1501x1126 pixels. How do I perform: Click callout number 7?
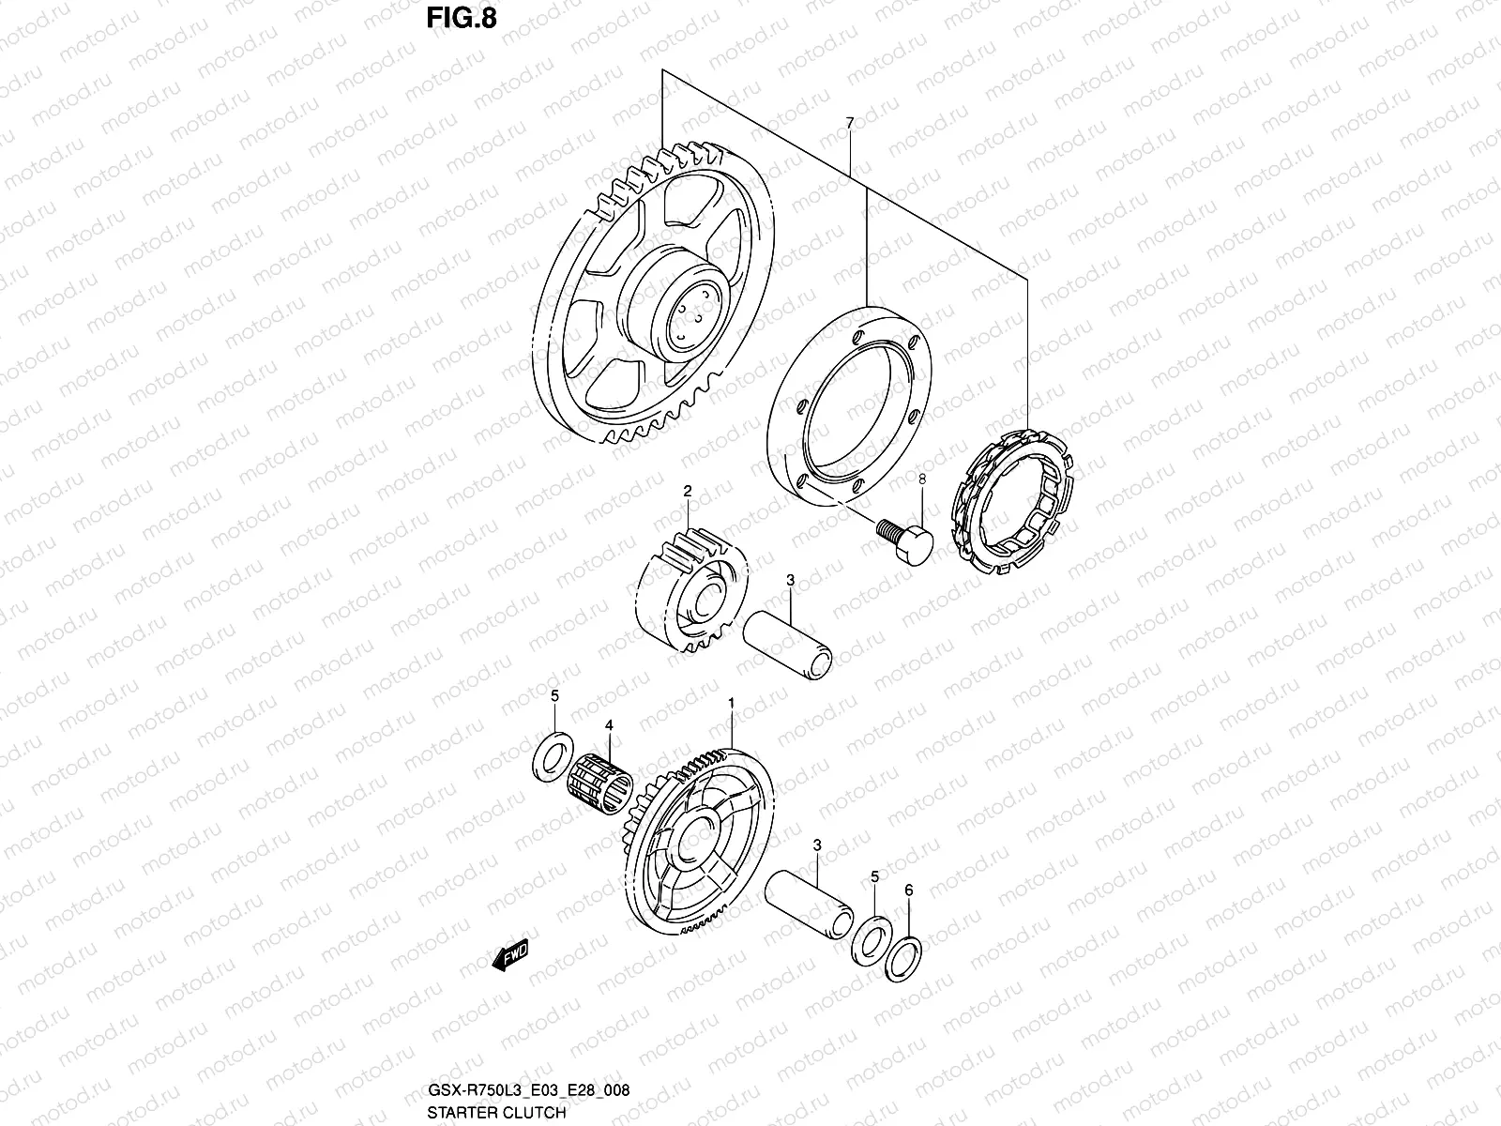point(849,123)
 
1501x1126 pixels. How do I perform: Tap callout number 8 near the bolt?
point(921,479)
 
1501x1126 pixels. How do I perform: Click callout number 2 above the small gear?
point(687,491)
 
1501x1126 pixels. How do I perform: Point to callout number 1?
point(731,702)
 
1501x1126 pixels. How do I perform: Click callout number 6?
point(908,889)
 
